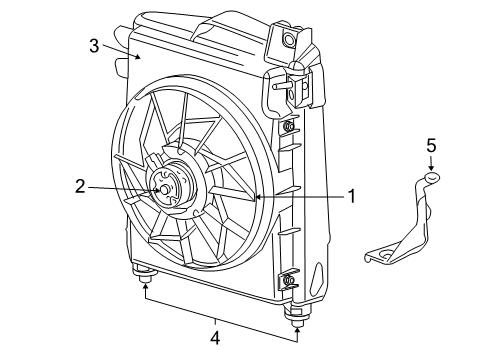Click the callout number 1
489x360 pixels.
tap(351, 197)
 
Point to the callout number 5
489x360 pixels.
tap(431, 146)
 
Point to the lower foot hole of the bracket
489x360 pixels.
tap(376, 259)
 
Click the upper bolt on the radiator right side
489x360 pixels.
tap(289, 127)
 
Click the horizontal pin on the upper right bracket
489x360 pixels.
tap(284, 86)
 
